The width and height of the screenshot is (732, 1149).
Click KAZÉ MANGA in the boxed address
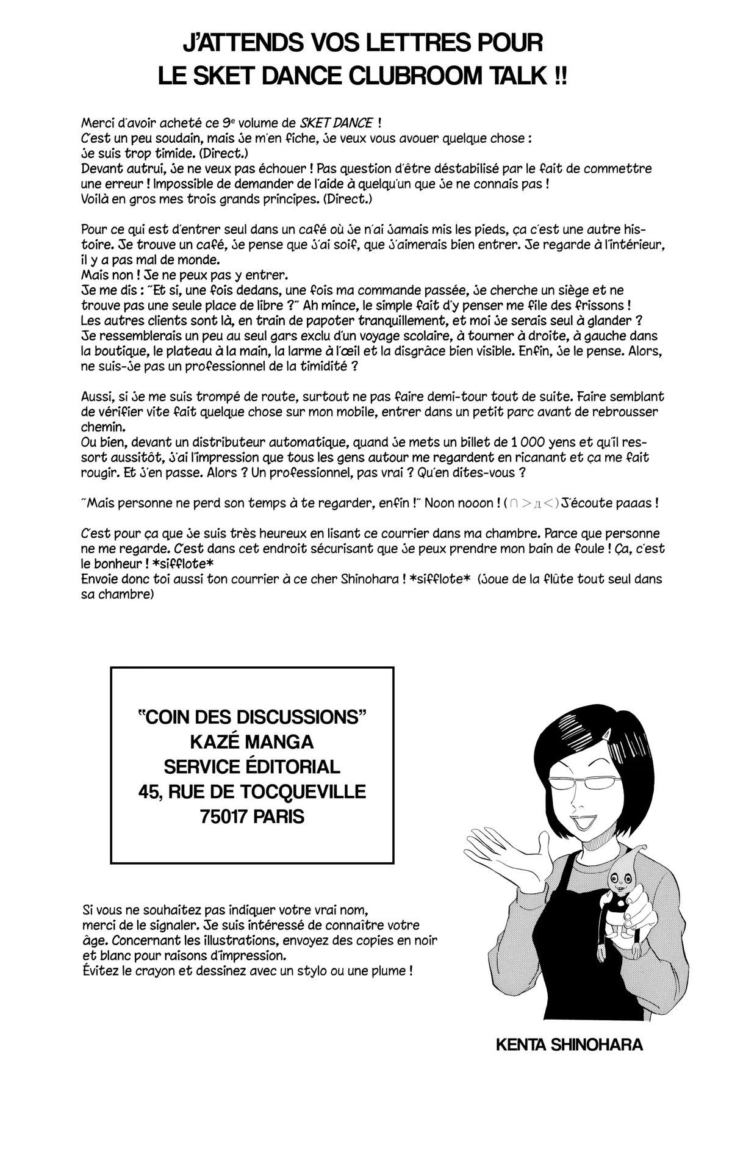(252, 741)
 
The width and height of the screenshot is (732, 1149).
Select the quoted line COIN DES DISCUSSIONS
(252, 716)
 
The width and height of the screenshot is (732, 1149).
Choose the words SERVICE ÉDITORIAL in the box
(252, 766)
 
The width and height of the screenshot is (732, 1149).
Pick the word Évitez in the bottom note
(99, 970)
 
